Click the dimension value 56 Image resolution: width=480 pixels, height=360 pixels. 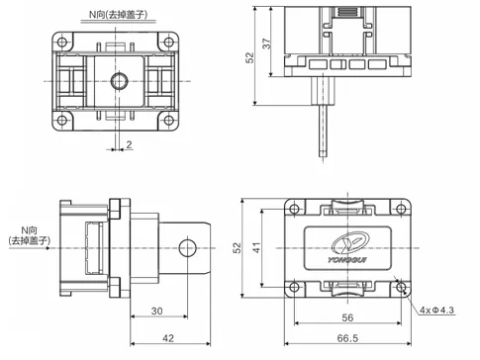tap(346, 318)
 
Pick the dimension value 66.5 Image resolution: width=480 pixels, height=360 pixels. tap(346, 339)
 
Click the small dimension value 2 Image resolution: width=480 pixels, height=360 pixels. tap(129, 144)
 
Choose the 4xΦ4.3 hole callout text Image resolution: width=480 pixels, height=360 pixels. tap(437, 310)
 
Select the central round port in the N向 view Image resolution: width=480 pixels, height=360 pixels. tap(119, 79)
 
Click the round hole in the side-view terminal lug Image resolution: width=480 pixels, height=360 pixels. tap(186, 247)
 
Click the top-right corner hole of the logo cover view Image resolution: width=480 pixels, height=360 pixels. tap(401, 208)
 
